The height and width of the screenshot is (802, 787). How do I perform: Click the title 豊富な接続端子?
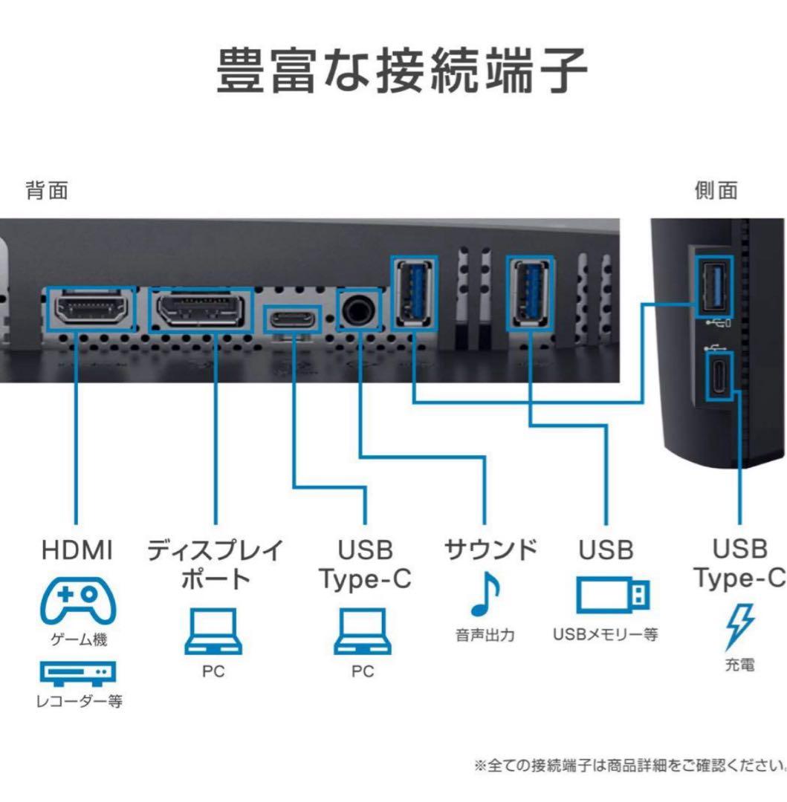coord(401,72)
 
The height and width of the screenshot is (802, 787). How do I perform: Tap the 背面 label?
coord(48,191)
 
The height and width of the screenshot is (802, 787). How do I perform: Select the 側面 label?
coord(716,191)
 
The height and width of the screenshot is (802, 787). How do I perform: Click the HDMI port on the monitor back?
coord(90,308)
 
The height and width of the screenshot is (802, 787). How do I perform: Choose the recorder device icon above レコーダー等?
coord(77,672)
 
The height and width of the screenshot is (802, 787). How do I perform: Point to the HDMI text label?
coord(77,550)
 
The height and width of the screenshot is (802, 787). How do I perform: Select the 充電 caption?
coord(739,665)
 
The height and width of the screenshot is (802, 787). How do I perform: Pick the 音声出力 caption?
coord(485,635)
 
